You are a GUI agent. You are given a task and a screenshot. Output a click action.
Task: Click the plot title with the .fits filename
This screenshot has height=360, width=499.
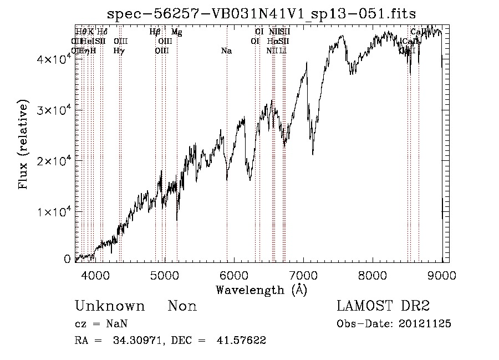[262, 13]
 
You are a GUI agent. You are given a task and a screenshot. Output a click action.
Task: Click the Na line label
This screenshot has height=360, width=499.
[226, 50]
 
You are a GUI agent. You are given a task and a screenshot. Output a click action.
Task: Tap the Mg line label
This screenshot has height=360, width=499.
[176, 32]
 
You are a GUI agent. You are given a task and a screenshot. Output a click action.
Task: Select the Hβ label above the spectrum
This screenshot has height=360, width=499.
[155, 32]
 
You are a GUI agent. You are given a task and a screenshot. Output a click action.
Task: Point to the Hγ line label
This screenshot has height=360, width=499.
[119, 50]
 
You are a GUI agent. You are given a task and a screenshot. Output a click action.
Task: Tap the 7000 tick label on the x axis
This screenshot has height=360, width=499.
[303, 274]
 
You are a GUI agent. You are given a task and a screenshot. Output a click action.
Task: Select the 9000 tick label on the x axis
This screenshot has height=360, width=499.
[442, 274]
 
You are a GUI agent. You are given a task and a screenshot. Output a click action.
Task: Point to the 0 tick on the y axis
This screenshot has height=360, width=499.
[67, 258]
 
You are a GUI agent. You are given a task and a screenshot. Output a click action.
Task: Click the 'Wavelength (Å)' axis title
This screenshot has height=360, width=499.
[261, 290]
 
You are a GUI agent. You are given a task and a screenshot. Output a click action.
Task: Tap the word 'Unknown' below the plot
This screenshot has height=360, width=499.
[110, 307]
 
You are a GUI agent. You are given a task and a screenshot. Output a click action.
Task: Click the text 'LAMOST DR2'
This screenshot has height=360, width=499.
[383, 307]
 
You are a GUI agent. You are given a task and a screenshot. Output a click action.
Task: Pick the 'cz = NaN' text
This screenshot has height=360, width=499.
[96, 324]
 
